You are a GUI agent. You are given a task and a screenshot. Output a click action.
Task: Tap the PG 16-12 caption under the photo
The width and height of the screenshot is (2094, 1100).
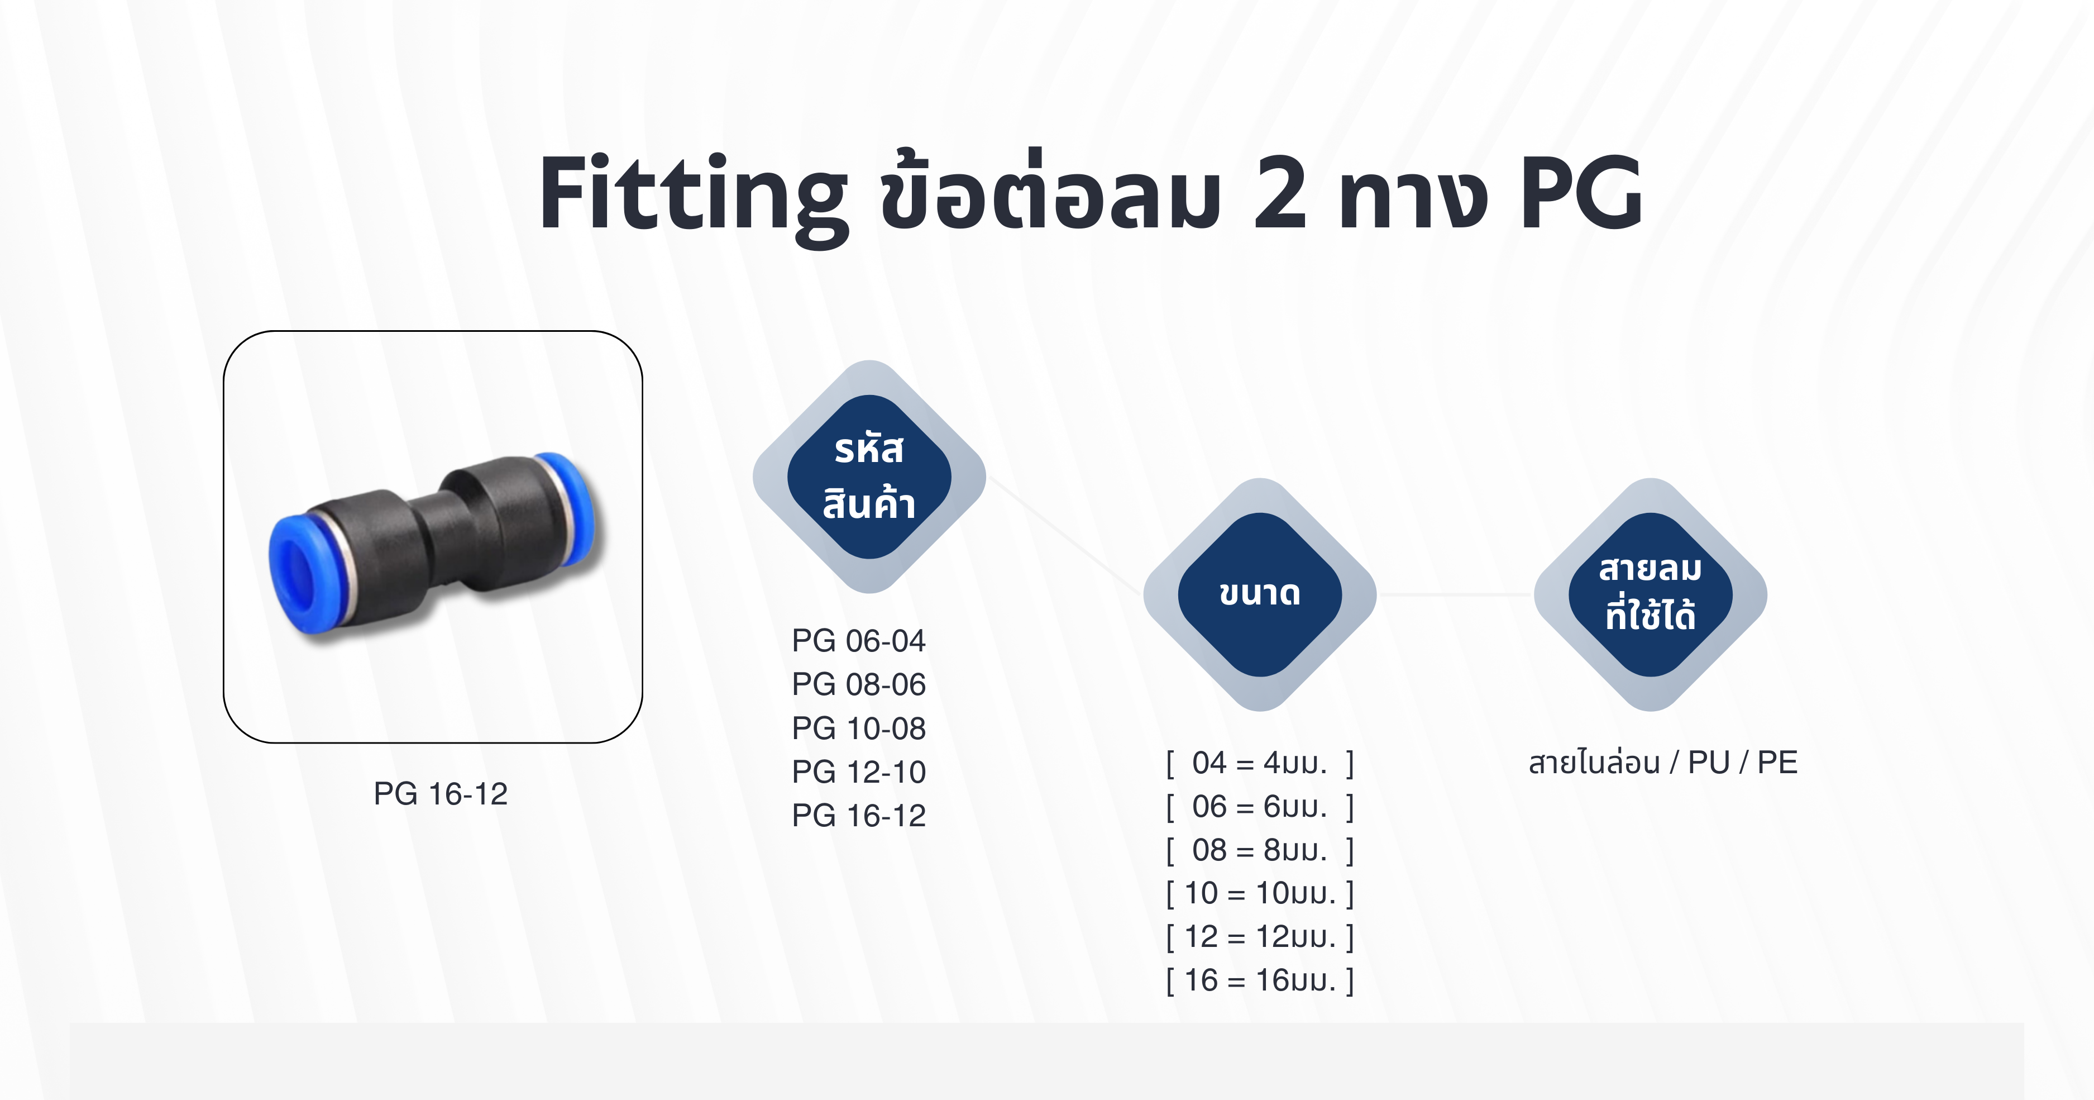point(441,793)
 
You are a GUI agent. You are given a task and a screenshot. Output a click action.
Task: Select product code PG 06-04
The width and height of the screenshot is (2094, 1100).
point(858,641)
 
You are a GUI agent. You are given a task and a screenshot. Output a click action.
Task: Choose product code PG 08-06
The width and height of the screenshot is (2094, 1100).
point(858,684)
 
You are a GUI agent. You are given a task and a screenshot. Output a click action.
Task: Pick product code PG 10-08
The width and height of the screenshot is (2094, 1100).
point(858,728)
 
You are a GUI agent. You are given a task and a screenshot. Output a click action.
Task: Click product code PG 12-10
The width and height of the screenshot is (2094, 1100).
point(858,772)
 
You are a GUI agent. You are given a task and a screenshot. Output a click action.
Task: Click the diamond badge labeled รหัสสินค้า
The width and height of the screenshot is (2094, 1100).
point(869,477)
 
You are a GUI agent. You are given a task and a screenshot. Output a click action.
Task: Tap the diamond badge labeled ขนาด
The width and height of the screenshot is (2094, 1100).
point(1259,594)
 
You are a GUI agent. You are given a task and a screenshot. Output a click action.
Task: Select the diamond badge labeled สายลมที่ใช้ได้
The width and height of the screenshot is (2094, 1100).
point(1650,594)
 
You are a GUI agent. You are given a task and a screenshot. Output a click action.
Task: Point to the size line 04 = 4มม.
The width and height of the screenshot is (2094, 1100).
point(1259,763)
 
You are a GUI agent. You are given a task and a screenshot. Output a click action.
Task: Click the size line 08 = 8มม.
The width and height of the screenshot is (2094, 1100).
point(1259,850)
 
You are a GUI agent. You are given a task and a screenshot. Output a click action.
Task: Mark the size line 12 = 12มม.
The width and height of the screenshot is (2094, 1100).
point(1259,936)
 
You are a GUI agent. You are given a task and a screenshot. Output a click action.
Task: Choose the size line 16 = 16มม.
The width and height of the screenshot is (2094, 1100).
point(1259,980)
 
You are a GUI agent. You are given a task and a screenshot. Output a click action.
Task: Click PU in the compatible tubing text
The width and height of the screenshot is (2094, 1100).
point(1708,763)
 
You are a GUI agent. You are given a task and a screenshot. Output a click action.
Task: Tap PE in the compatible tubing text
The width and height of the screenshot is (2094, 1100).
point(1777,763)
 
